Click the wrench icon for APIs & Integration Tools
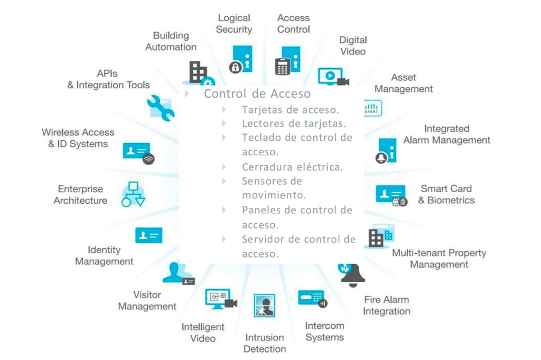coord(160,108)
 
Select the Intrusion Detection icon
coord(264,306)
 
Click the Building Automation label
coord(171,41)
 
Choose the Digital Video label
coord(353,45)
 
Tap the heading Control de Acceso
coord(257,94)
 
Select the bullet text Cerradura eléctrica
coord(293,167)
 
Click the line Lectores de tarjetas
coord(294,124)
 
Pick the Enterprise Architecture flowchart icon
coord(133,194)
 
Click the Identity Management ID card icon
coord(148,235)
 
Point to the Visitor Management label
coord(147,300)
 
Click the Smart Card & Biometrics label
coord(446,194)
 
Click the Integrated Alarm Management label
coord(446,135)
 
